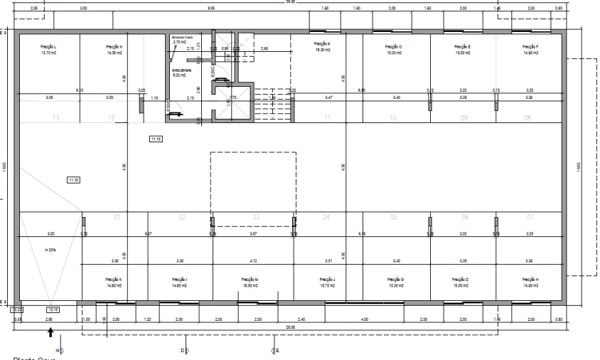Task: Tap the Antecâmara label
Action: pos(182,73)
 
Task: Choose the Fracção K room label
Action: pos(114,282)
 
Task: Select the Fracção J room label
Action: pos(328,282)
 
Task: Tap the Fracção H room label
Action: pos(531,282)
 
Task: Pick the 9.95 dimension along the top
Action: pos(211,8)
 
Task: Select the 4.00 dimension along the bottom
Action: pos(364,320)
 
